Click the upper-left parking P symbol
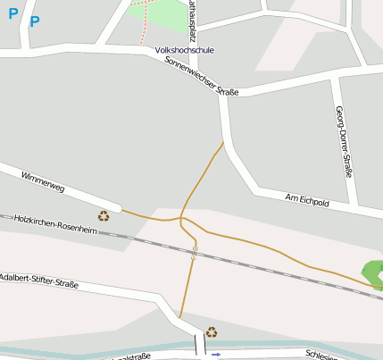click(x=12, y=13)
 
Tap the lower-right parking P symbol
click(x=35, y=21)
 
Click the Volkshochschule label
click(x=184, y=51)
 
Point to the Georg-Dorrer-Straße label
click(x=342, y=141)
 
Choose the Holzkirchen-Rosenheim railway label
click(x=54, y=225)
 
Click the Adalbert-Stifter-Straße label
click(x=39, y=281)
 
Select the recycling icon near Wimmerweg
click(x=104, y=215)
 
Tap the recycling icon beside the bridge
click(x=212, y=332)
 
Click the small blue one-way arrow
click(x=216, y=355)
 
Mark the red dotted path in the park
click(x=142, y=27)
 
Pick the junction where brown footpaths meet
click(x=181, y=218)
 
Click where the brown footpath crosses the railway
click(x=194, y=253)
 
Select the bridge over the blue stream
click(x=200, y=344)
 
